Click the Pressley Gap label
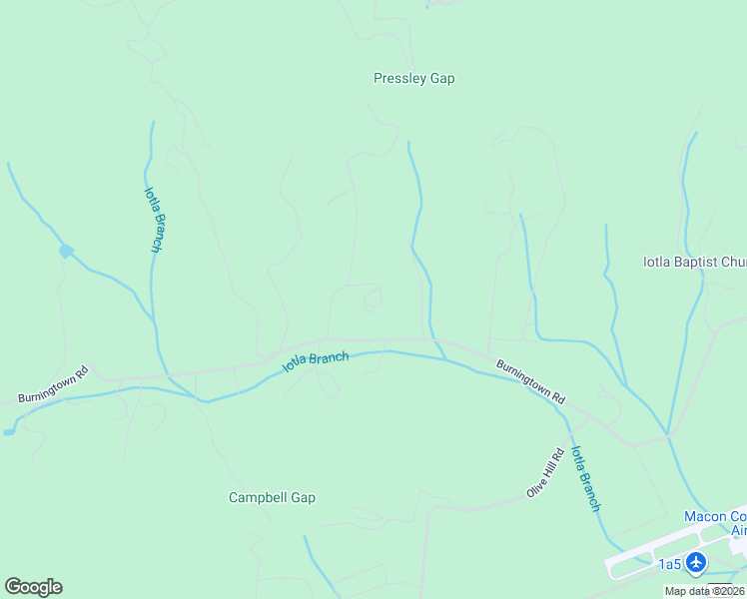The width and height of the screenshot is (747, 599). (413, 78)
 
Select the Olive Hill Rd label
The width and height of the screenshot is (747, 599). (545, 473)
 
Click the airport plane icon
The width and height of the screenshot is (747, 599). (697, 563)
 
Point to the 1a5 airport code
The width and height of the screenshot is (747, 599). (669, 565)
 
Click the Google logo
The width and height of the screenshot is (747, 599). (33, 586)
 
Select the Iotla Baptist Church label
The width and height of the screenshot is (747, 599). (694, 263)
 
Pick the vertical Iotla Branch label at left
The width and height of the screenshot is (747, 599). (152, 220)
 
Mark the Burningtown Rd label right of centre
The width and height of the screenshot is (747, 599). (530, 381)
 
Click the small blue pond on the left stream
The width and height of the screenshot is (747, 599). (66, 251)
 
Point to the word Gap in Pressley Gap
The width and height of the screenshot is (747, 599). (441, 78)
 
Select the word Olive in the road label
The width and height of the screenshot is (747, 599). (537, 484)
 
